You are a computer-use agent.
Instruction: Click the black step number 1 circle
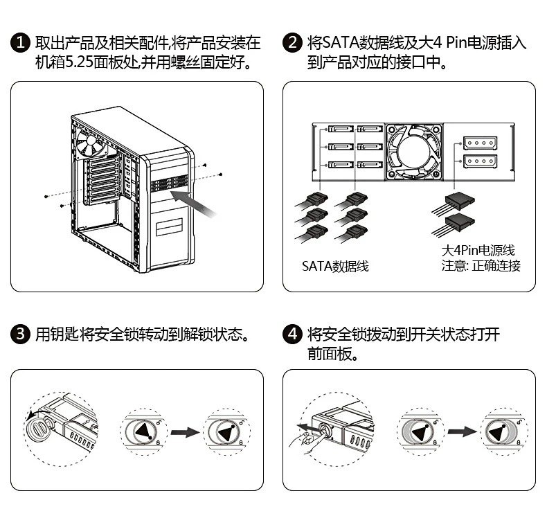pyautogui.click(x=21, y=42)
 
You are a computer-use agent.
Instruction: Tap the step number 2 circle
pyautogui.click(x=292, y=42)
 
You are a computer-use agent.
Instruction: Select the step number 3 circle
pyautogui.click(x=21, y=334)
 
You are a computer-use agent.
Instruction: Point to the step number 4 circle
pyautogui.click(x=292, y=334)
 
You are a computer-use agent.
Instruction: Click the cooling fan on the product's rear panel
pyautogui.click(x=413, y=152)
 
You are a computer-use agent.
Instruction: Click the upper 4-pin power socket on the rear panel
pyautogui.click(x=480, y=143)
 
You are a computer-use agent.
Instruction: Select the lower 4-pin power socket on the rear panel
pyautogui.click(x=480, y=161)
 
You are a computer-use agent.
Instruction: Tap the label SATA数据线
pyautogui.click(x=335, y=266)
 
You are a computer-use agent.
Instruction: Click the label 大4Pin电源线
pyautogui.click(x=478, y=250)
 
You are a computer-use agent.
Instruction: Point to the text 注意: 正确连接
pyautogui.click(x=481, y=266)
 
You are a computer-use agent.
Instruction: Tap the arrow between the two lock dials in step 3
pyautogui.click(x=185, y=433)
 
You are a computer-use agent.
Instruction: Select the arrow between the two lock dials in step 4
pyautogui.click(x=462, y=432)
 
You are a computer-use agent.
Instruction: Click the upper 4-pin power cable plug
pyautogui.click(x=460, y=202)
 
